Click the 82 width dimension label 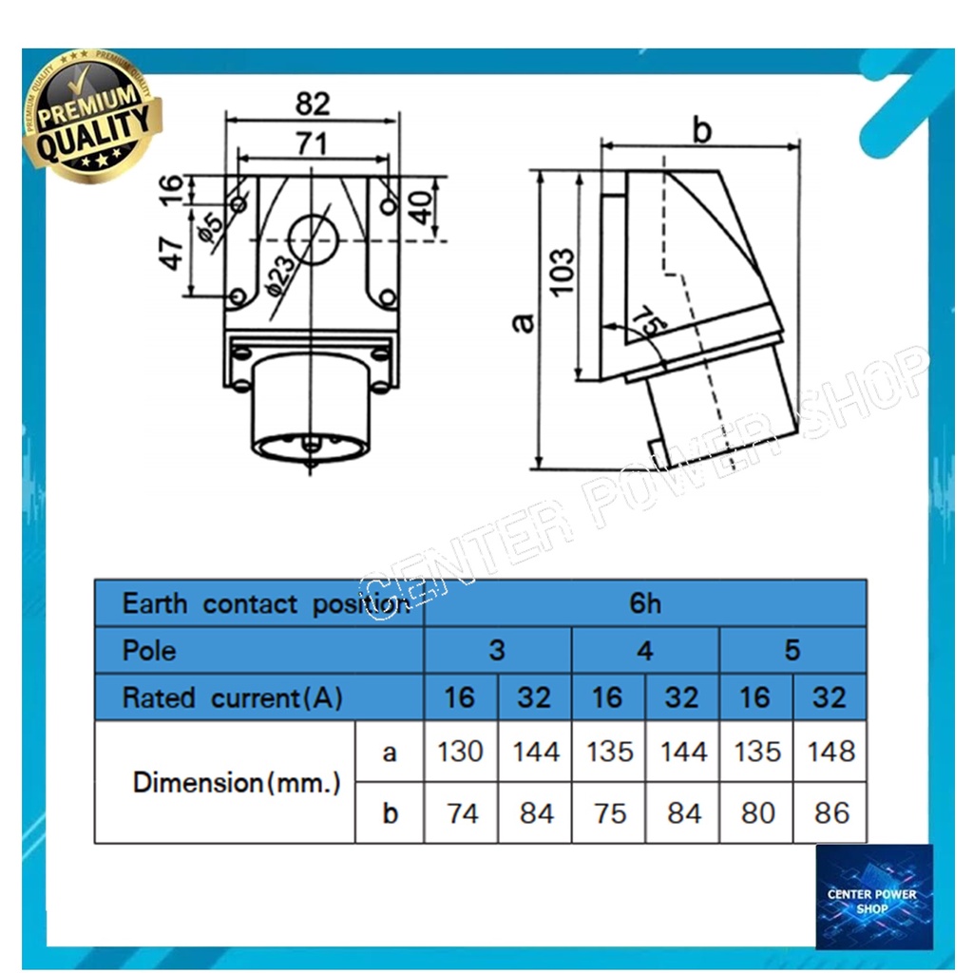tap(312, 103)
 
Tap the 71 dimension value tap(312, 144)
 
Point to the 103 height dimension tap(563, 272)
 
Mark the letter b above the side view tap(702, 130)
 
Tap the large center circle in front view tap(313, 239)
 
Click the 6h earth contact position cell tap(645, 603)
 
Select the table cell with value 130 tap(461, 752)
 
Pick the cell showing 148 tap(830, 752)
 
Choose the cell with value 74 tap(461, 813)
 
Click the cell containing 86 tap(830, 813)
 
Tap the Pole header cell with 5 tap(793, 650)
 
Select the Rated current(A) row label tap(233, 698)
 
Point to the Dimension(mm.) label tap(237, 783)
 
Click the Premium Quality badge tap(93, 116)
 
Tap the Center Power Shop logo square tap(874, 897)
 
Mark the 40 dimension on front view tap(421, 207)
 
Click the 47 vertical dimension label tap(171, 252)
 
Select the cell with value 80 tap(756, 813)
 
